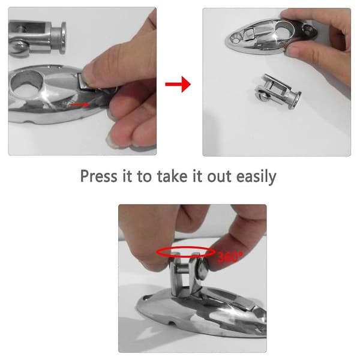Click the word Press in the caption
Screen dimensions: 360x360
pyautogui.click(x=99, y=176)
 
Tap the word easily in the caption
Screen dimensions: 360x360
pyautogui.click(x=256, y=177)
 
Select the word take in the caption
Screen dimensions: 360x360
pyautogui.click(x=172, y=176)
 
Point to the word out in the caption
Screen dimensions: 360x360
pyautogui.click(x=219, y=177)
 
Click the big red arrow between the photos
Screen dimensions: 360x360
pyautogui.click(x=178, y=84)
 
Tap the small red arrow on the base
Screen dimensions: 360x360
pyautogui.click(x=79, y=104)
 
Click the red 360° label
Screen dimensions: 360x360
pyautogui.click(x=230, y=257)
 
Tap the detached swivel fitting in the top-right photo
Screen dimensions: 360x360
pyautogui.click(x=278, y=91)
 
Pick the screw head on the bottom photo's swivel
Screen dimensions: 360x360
pyautogui.click(x=203, y=269)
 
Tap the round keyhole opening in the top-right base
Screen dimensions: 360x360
pyautogui.click(x=283, y=29)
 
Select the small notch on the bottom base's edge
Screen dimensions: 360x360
pyautogui.click(x=172, y=324)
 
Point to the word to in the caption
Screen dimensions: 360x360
pyautogui.click(x=145, y=176)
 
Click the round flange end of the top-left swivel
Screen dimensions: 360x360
pyautogui.click(x=62, y=38)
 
